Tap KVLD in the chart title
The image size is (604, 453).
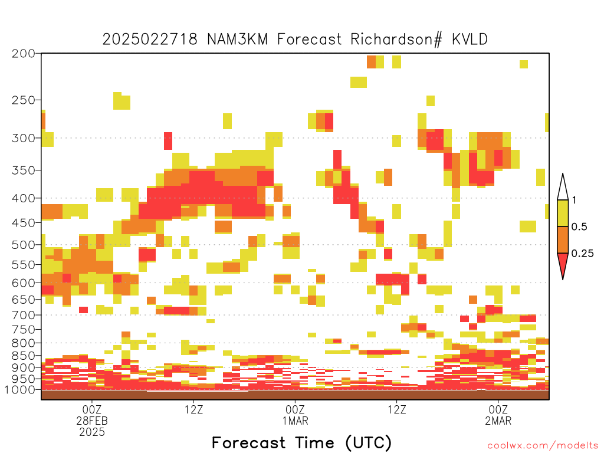click(x=470, y=40)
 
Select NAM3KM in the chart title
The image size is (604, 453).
click(x=237, y=40)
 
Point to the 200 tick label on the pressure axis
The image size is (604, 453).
click(x=24, y=54)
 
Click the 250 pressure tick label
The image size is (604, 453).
click(x=24, y=100)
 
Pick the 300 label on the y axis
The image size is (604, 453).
click(x=24, y=138)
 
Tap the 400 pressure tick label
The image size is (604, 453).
click(x=24, y=198)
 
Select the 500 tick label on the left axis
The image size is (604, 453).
click(x=24, y=245)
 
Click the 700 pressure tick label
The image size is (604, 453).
click(x=24, y=315)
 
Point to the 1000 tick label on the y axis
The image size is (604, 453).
click(x=20, y=390)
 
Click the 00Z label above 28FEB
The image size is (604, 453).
click(x=91, y=409)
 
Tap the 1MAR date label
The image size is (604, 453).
click(x=295, y=421)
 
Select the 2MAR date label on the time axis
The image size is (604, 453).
click(x=498, y=421)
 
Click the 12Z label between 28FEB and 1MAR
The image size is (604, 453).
click(x=193, y=409)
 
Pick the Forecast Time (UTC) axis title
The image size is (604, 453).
click(x=301, y=443)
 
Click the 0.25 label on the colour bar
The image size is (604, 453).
click(x=582, y=254)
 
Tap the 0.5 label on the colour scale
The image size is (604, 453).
click(x=579, y=227)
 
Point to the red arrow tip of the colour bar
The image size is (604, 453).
click(x=563, y=278)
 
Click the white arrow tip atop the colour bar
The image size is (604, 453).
click(x=563, y=175)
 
